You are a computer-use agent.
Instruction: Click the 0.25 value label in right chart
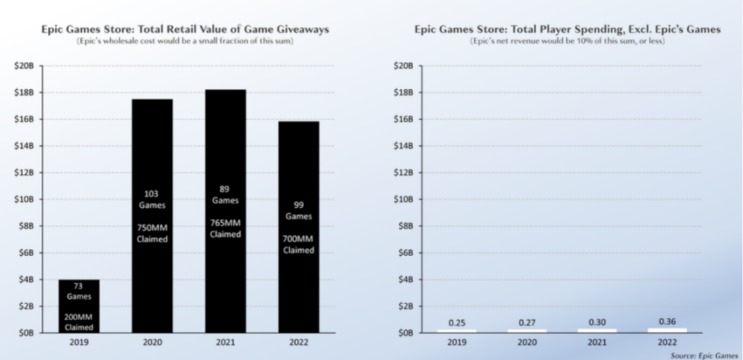click(457, 323)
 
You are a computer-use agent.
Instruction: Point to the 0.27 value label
click(527, 323)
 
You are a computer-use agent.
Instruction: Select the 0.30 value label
click(596, 323)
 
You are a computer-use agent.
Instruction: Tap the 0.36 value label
click(666, 322)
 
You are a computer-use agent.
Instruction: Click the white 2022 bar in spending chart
click(666, 330)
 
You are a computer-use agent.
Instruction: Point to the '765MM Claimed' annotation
click(225, 229)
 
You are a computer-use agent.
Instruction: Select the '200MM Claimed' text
click(79, 321)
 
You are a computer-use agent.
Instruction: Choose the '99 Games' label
click(299, 210)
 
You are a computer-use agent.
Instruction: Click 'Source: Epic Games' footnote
click(705, 355)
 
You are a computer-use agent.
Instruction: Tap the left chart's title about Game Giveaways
click(186, 29)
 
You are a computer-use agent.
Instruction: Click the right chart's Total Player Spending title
click(567, 29)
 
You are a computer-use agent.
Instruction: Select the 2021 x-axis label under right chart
click(596, 343)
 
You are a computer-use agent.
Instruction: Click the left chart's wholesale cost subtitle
click(186, 41)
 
